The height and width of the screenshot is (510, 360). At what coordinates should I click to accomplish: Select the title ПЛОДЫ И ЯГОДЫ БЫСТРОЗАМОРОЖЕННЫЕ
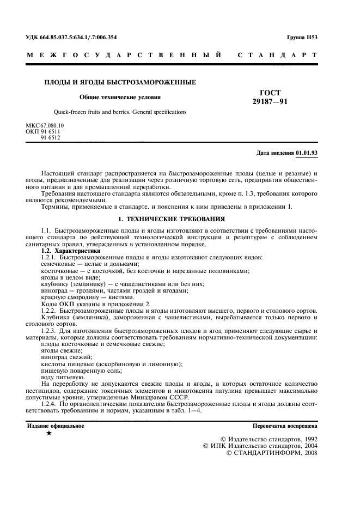tap(120, 82)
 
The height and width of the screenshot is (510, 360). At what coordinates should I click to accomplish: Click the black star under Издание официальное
tap(50, 434)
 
